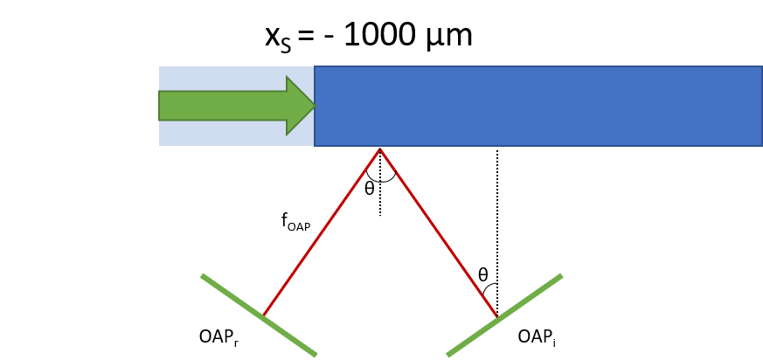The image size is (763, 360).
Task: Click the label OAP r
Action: (x=219, y=336)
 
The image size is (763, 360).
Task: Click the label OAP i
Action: (x=537, y=336)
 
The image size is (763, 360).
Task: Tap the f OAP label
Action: (x=295, y=222)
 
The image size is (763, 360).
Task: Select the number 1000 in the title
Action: (x=380, y=36)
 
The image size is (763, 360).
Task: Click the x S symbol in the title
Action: (x=278, y=38)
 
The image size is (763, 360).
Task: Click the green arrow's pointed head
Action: (x=316, y=105)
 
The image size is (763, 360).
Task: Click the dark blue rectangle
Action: (x=538, y=106)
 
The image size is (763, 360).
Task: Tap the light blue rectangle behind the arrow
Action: (x=237, y=106)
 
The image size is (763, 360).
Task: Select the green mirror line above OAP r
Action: (x=259, y=315)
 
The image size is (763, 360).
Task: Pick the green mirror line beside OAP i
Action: (x=504, y=315)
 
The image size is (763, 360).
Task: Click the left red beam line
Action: (x=322, y=232)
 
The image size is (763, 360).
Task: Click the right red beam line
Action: (x=439, y=232)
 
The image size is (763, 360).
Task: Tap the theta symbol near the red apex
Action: (x=370, y=189)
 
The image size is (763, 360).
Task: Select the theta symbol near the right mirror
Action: (x=482, y=275)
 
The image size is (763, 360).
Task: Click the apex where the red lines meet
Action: (x=380, y=149)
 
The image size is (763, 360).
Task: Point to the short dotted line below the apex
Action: (x=380, y=183)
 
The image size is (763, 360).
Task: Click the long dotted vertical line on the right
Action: (x=497, y=232)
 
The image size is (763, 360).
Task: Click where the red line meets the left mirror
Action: (x=264, y=315)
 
